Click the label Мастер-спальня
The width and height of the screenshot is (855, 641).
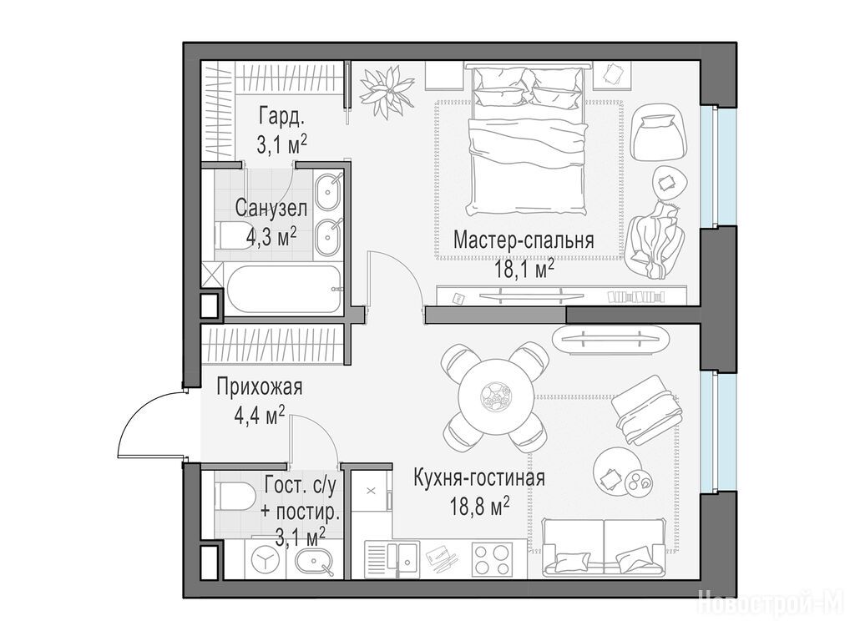coord(524,240)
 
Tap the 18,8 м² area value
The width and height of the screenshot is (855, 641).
coord(480,507)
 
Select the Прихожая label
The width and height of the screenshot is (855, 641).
coord(259,387)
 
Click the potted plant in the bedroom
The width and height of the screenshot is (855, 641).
coord(388,90)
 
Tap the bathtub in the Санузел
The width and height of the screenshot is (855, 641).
coord(285,288)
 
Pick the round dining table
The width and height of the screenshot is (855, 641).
coord(496,396)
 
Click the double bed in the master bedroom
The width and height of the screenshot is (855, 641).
coord(528,140)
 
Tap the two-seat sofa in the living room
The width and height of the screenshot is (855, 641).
coord(604,547)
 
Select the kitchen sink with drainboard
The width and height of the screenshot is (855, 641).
coord(392,559)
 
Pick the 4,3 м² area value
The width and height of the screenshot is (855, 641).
coord(271,236)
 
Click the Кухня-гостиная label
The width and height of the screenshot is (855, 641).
coord(479,478)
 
